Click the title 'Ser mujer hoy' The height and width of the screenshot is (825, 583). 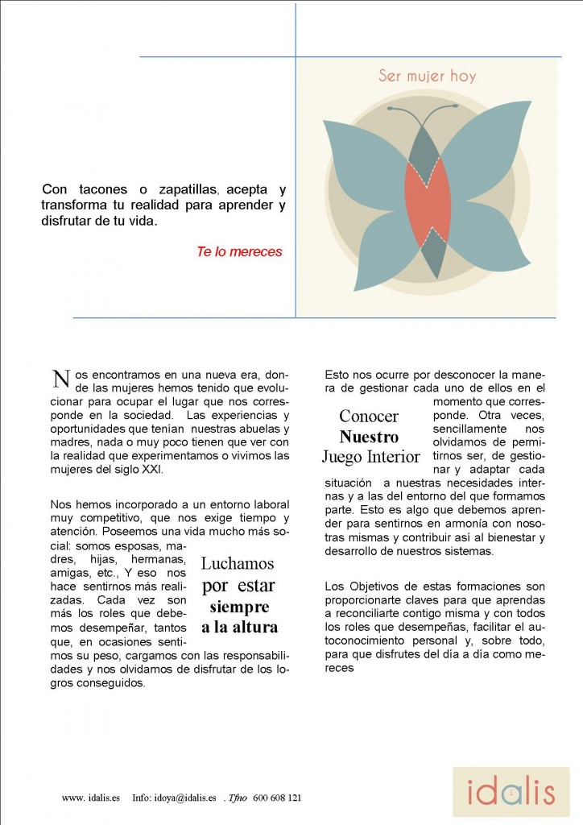point(427,77)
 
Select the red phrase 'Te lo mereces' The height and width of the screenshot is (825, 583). point(239,251)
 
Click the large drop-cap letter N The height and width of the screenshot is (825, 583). point(60,379)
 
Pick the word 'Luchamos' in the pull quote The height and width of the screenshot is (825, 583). point(238,563)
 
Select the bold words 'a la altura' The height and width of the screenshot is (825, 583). point(239,627)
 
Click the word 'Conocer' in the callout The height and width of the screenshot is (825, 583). point(369,416)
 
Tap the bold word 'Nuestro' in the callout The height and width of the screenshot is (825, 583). point(369,437)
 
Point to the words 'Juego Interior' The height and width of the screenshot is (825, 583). point(370,458)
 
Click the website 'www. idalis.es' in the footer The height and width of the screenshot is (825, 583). point(90,798)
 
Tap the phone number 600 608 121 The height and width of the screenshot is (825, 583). point(277,798)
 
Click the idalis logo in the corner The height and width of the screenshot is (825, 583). point(511,792)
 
